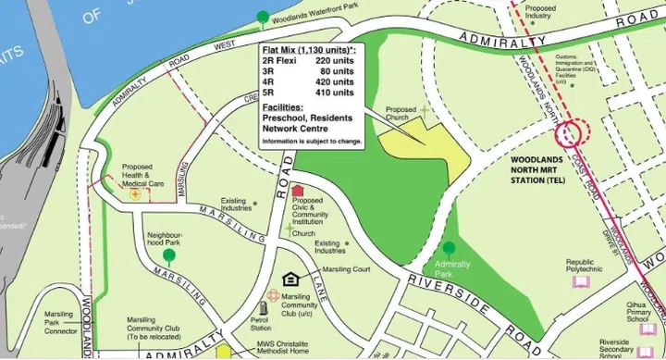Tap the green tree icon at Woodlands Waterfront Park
click(264, 16)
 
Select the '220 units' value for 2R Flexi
click(334, 60)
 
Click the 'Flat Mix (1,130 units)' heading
click(309, 48)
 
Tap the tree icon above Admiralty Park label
click(449, 247)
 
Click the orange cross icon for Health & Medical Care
click(136, 194)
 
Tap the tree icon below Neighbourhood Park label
click(168, 254)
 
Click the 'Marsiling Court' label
click(347, 269)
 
